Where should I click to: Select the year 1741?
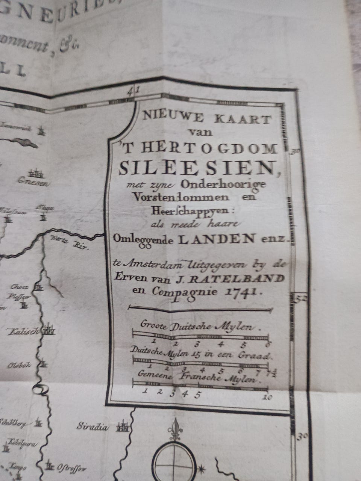coord(238,291)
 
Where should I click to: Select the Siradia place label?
coord(93,427)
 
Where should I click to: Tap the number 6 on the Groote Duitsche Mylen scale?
coord(267,345)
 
